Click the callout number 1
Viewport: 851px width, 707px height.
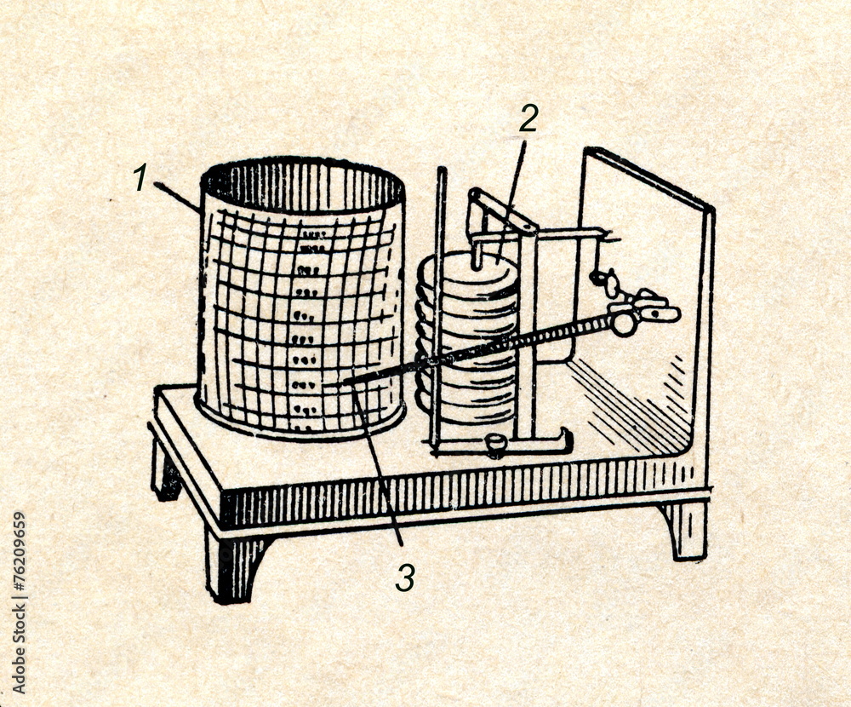pyautogui.click(x=140, y=178)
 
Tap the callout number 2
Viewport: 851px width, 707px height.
pyautogui.click(x=528, y=119)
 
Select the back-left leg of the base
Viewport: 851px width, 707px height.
pyautogui.click(x=166, y=473)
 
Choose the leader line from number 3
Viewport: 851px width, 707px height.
pyautogui.click(x=379, y=468)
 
